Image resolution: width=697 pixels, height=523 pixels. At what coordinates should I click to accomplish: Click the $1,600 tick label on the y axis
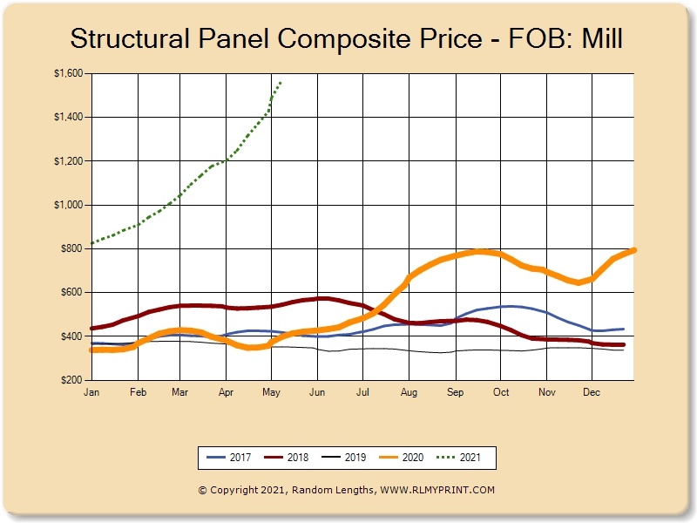[67, 74]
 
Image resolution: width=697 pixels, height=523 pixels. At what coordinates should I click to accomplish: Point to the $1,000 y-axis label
[67, 205]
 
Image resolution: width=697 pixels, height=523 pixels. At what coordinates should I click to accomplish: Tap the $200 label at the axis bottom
[71, 380]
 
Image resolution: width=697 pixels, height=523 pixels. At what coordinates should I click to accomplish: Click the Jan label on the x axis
[91, 393]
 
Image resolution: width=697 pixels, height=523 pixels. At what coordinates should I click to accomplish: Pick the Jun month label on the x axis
[317, 393]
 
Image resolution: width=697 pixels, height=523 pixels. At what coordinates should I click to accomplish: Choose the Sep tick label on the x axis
[454, 393]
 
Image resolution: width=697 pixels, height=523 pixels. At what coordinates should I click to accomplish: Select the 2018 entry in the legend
[287, 457]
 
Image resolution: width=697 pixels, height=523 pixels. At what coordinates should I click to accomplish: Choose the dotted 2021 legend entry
[461, 457]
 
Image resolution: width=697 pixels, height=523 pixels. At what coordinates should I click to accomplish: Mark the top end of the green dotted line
[280, 83]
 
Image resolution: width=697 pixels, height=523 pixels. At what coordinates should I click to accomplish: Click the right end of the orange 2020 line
[634, 250]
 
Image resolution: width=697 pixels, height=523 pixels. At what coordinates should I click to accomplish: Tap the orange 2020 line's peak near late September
[478, 251]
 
